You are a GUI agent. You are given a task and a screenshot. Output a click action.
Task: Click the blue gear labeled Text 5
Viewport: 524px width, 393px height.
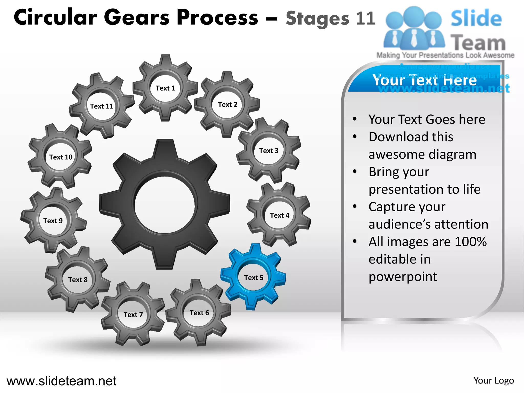click(x=253, y=278)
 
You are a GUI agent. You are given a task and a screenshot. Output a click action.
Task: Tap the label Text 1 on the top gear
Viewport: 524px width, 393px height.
click(x=165, y=88)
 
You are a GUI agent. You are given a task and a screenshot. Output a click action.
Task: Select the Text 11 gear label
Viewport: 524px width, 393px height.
click(x=102, y=106)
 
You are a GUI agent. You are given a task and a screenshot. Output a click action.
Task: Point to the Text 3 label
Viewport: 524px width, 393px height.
click(x=269, y=151)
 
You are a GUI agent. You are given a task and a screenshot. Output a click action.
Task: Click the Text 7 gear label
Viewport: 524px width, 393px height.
click(x=133, y=314)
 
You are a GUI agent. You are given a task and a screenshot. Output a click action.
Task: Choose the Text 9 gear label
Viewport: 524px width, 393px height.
click(x=53, y=221)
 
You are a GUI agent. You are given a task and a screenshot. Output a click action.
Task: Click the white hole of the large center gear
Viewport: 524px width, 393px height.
click(x=165, y=205)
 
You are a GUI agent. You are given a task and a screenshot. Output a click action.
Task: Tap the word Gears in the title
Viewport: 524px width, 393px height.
click(x=137, y=17)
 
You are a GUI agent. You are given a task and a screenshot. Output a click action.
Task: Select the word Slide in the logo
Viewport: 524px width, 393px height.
click(x=476, y=18)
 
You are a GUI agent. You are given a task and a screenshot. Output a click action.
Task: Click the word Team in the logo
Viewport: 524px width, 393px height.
click(x=478, y=43)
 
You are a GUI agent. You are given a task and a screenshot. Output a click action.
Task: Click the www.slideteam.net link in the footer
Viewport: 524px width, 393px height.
click(x=61, y=381)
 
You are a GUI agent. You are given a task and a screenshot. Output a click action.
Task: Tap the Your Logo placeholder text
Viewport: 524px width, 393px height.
click(x=494, y=381)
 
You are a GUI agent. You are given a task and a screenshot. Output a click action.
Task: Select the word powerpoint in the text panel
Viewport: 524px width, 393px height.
click(x=403, y=277)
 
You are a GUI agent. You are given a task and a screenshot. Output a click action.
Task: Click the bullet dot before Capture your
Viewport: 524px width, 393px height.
click(x=355, y=206)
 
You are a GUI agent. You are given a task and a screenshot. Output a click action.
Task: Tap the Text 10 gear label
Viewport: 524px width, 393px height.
click(x=61, y=157)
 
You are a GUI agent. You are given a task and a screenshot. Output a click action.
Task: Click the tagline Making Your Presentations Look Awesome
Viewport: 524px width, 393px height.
click(x=445, y=55)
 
